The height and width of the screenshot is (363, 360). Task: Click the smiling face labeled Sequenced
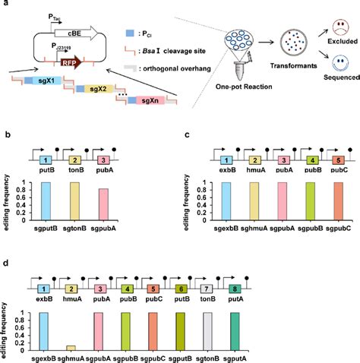click(338, 73)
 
